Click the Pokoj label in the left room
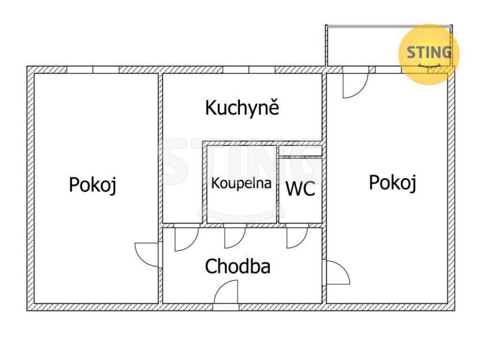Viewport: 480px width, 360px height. coord(92,185)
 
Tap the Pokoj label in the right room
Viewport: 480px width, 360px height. coord(393,182)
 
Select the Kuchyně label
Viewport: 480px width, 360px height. coord(242,108)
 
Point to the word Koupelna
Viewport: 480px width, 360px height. coord(241,183)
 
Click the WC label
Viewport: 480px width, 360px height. coord(300,189)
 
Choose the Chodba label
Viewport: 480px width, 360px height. coord(238,266)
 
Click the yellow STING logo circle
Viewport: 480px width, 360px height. coord(428,54)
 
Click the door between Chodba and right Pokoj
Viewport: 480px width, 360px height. coord(337,272)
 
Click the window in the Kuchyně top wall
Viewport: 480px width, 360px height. coord(248,70)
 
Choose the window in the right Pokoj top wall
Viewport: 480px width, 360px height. coord(388,70)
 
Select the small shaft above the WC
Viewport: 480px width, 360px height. coord(300,151)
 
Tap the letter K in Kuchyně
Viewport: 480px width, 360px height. coord(210,108)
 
